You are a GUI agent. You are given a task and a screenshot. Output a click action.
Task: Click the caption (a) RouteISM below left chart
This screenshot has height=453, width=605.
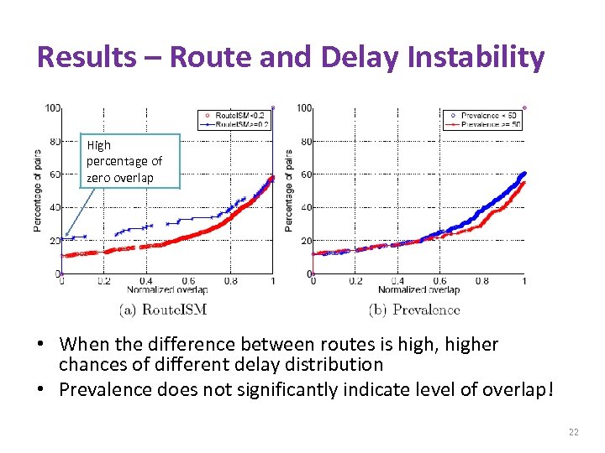(x=164, y=310)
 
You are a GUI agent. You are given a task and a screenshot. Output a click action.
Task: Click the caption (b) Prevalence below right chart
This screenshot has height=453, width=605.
(x=414, y=310)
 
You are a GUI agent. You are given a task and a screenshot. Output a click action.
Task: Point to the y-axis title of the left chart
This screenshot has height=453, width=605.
(x=37, y=190)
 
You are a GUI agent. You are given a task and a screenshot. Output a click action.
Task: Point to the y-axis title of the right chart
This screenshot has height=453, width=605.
(x=289, y=190)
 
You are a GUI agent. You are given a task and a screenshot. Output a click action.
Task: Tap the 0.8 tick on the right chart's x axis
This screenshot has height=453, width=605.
(x=481, y=282)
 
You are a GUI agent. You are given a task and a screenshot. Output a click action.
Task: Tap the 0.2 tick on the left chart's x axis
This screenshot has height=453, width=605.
(x=103, y=282)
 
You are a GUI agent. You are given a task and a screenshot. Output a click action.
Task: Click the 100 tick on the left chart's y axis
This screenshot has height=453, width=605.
(x=53, y=107)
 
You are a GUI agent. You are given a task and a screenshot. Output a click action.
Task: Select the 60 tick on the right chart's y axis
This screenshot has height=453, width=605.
(x=307, y=174)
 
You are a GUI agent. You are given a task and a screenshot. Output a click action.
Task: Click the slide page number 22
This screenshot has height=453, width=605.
(x=573, y=432)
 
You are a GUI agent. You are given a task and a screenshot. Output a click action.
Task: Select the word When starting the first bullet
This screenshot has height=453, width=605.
(x=82, y=344)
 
